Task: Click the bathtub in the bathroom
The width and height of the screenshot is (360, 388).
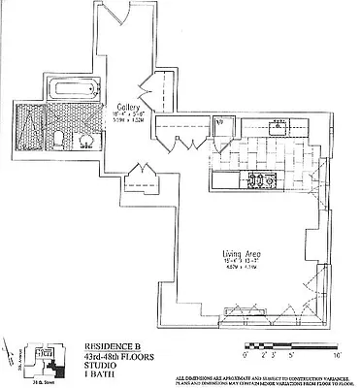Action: [x=73, y=90]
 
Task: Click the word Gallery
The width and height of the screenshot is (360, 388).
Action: [x=130, y=107]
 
